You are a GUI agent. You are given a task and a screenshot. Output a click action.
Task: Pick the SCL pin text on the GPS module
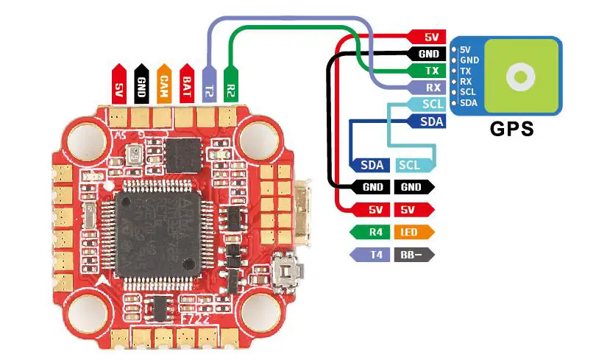point(468,92)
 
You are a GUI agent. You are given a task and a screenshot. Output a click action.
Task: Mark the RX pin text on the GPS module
point(466,82)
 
